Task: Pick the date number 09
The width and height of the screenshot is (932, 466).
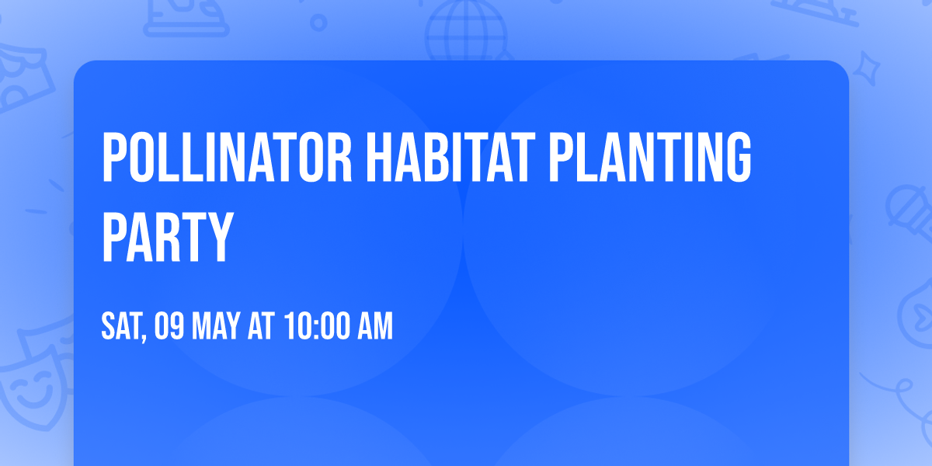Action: [x=169, y=327]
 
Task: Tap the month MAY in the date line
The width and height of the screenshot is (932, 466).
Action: [x=215, y=327]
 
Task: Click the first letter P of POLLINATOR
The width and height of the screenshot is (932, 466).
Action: [x=114, y=158]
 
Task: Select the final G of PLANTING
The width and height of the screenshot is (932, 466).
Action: [x=739, y=158]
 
